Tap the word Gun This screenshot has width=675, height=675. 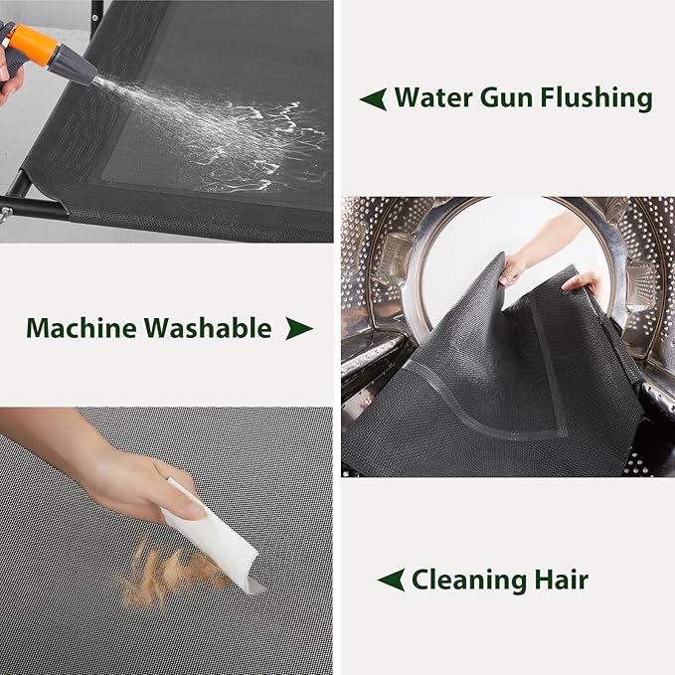click(507, 97)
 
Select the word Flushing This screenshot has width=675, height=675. click(596, 98)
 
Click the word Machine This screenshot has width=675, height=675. click(82, 328)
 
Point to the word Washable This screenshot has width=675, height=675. click(208, 328)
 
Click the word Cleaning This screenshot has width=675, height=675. click(469, 581)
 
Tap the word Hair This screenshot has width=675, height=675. click(562, 580)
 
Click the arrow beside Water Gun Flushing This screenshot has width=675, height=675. click(373, 99)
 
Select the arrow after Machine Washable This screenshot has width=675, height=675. click(299, 329)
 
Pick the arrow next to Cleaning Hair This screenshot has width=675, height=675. click(391, 580)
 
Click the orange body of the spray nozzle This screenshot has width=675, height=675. click(34, 44)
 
